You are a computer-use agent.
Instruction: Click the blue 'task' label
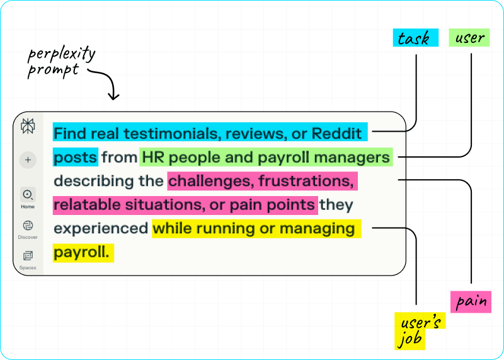[413, 38]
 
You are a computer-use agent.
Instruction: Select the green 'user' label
[469, 38]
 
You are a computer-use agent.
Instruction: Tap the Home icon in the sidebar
[28, 195]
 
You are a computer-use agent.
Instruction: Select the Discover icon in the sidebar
[28, 226]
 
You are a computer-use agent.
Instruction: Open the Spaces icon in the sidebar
[28, 255]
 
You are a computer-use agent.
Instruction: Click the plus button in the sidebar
[28, 160]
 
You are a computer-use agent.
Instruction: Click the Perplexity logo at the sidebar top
[28, 125]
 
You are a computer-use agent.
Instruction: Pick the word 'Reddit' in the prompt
[339, 133]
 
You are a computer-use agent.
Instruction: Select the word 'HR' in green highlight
[154, 157]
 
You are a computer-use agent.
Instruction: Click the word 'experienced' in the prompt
[100, 228]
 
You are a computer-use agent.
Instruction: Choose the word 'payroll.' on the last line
[82, 252]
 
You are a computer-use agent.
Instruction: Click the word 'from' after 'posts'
[119, 157]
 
